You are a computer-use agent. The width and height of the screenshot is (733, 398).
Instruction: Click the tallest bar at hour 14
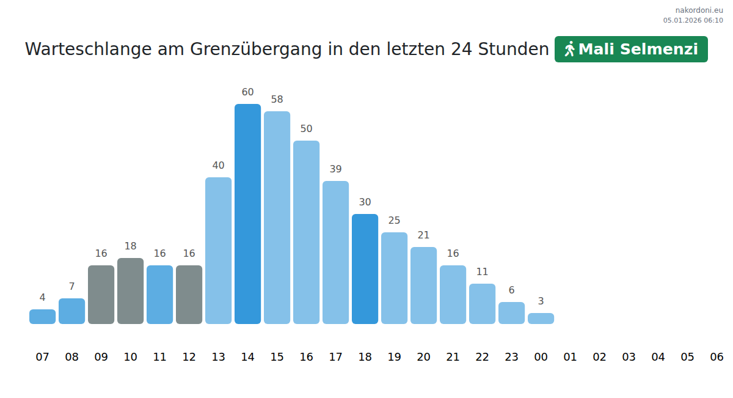coord(247,214)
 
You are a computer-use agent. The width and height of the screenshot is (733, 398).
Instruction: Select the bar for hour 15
coord(277,218)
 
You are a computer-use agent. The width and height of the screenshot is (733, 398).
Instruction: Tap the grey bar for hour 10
coord(130,291)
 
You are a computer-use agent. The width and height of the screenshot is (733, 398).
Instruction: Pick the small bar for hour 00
coord(541,319)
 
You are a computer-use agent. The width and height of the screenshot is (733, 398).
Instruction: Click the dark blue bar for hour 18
coord(365,269)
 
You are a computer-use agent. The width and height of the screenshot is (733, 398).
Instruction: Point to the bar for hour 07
coord(42,317)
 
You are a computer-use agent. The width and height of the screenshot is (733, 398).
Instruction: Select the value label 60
coord(247,92)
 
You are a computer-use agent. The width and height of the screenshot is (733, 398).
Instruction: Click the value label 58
coord(277,100)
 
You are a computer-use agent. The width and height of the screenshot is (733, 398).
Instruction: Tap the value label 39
coord(335,169)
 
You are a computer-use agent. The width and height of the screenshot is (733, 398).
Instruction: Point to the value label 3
coord(541,301)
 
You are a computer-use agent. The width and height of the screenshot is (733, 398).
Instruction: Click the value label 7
coord(71,287)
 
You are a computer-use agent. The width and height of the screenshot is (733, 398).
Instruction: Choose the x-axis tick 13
coord(218,357)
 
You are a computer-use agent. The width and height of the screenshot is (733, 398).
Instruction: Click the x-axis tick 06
coord(717,357)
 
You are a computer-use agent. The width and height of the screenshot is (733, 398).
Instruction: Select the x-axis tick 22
coord(482,357)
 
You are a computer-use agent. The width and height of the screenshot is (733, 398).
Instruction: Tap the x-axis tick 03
coord(629,357)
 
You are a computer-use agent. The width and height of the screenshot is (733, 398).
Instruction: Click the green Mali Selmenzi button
coord(631,49)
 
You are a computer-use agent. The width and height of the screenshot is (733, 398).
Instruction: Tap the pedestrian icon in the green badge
coord(569,49)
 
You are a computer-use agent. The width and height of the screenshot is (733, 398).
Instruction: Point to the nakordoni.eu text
coord(699,10)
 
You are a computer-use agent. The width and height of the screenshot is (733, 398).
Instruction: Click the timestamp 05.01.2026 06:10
coord(693,20)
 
